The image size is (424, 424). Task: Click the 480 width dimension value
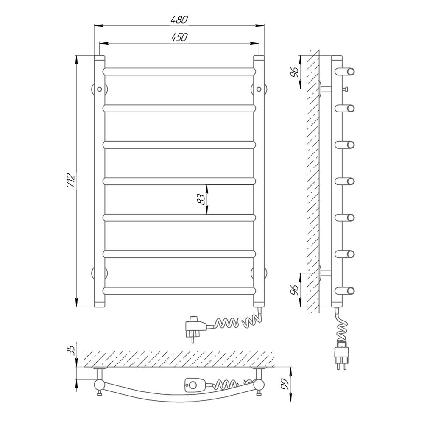179,20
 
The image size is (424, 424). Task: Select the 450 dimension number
179,37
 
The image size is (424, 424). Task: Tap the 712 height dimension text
70,181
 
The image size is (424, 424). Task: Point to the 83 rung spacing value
201,199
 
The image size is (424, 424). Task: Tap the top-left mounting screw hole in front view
100,89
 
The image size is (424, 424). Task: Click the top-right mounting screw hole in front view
259,89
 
